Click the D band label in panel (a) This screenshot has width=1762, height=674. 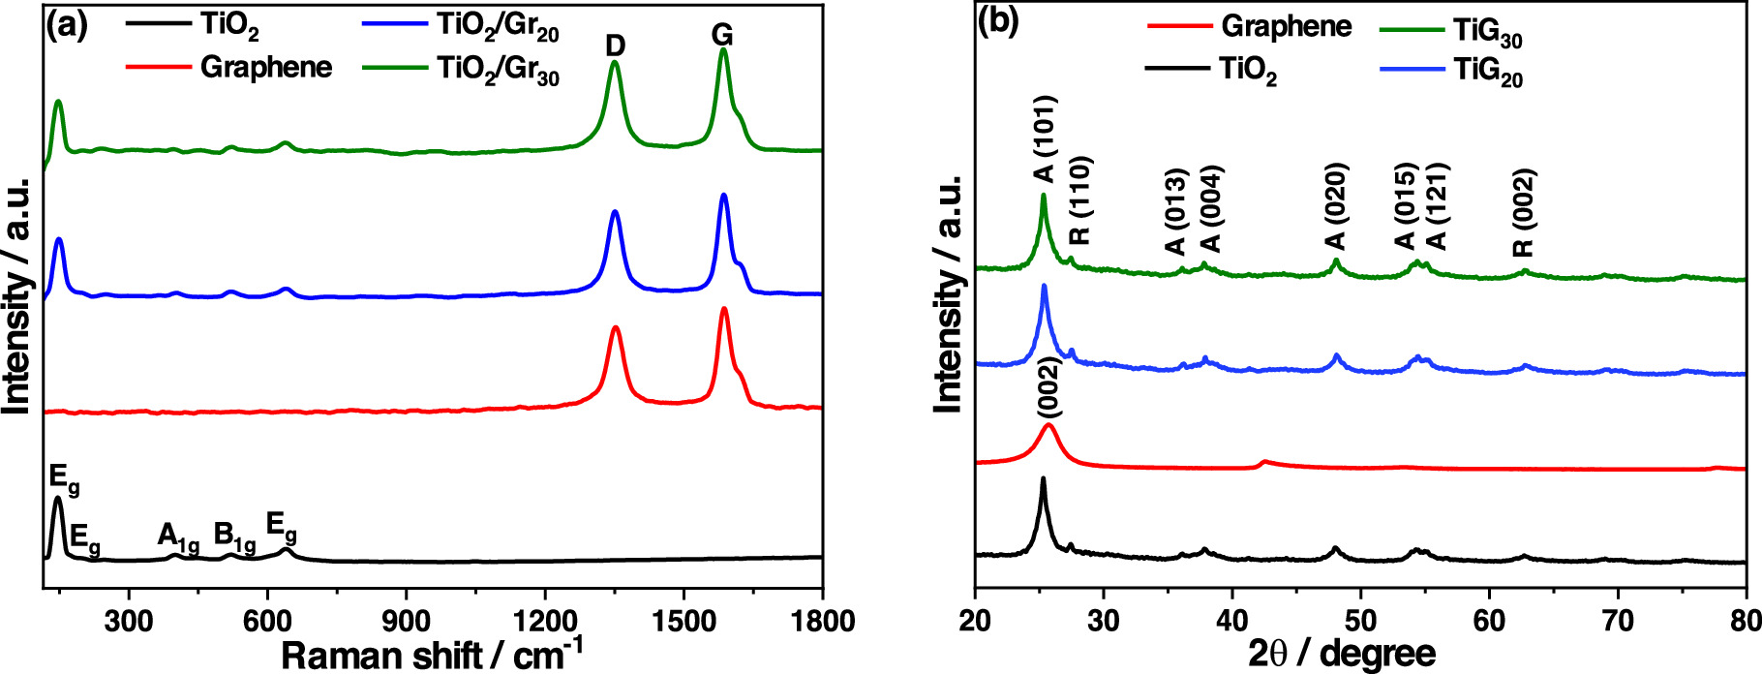pos(616,46)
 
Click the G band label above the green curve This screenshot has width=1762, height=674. pos(722,36)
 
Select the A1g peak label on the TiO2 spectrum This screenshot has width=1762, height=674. pos(178,537)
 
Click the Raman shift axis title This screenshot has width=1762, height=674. pos(432,654)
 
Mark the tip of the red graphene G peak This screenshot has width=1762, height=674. pos(724,309)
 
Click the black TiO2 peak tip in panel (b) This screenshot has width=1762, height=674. pos(1043,477)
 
